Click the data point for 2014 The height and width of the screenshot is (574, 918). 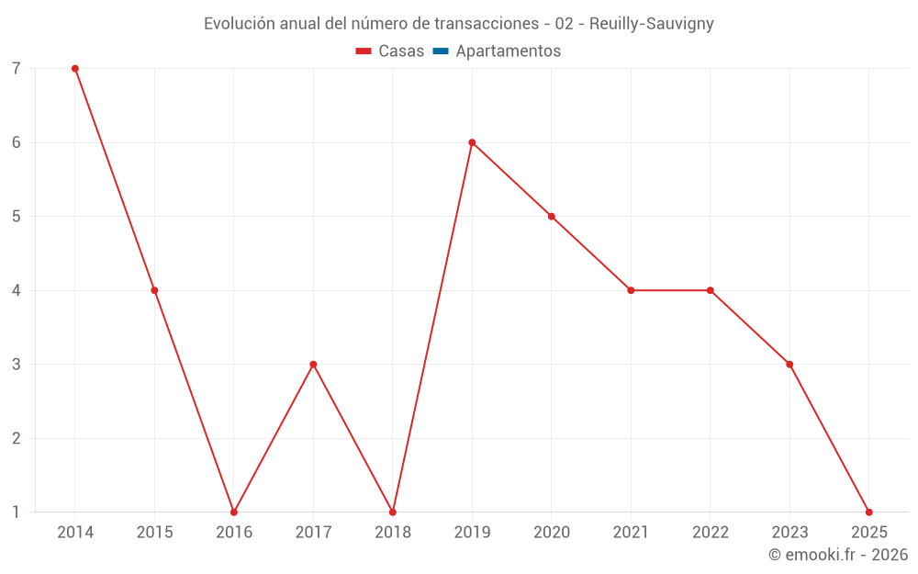pyautogui.click(x=75, y=69)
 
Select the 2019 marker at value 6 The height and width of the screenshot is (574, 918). pyautogui.click(x=472, y=142)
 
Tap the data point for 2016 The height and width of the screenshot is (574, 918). pyautogui.click(x=234, y=512)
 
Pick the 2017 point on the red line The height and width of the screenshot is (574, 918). pyautogui.click(x=313, y=365)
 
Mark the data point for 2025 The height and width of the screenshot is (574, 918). pyautogui.click(x=868, y=512)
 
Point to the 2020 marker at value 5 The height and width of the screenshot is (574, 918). pyautogui.click(x=552, y=217)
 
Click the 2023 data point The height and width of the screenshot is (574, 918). pyautogui.click(x=789, y=365)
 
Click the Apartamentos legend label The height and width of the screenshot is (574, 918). pyautogui.click(x=508, y=51)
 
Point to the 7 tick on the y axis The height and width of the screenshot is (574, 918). pyautogui.click(x=17, y=69)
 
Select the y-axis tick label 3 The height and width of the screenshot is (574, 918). pyautogui.click(x=17, y=365)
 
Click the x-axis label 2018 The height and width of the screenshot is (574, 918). pyautogui.click(x=393, y=533)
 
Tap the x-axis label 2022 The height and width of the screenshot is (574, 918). pyautogui.click(x=711, y=533)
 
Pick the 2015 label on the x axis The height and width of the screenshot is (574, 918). pyautogui.click(x=154, y=533)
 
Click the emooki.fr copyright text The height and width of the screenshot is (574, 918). pyautogui.click(x=838, y=555)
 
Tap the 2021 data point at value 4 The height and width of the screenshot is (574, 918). pyautogui.click(x=631, y=290)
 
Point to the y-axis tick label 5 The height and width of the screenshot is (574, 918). pyautogui.click(x=17, y=217)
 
